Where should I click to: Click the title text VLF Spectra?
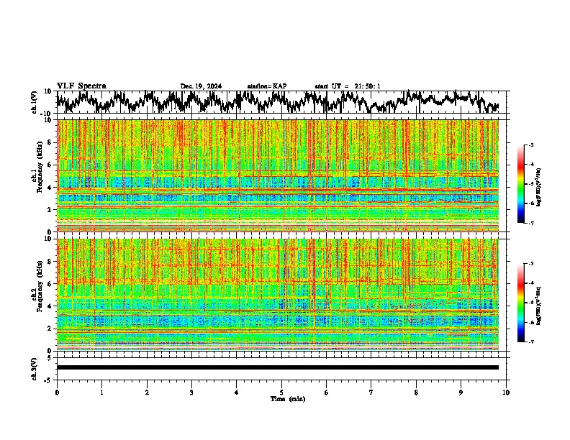[81, 86]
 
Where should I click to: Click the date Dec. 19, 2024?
[201, 86]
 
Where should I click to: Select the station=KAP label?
[266, 86]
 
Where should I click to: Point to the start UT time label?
[348, 86]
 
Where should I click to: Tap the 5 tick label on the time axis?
[281, 393]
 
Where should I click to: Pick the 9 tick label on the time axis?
[461, 393]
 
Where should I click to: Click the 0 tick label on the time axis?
[57, 393]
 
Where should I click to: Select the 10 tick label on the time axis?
[506, 393]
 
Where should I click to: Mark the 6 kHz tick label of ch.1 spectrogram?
[50, 165]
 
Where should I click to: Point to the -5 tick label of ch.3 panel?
[49, 379]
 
